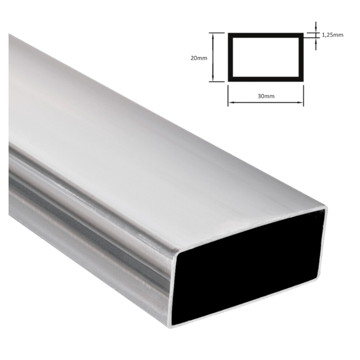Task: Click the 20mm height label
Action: click(x=199, y=58)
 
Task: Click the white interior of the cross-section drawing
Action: click(x=265, y=57)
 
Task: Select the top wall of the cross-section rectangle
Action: click(x=265, y=34)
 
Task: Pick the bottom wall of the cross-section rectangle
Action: click(x=265, y=80)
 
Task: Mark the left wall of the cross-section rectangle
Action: click(x=230, y=57)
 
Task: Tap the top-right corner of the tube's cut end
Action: click(x=325, y=208)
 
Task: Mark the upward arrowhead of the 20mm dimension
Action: click(x=213, y=36)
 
